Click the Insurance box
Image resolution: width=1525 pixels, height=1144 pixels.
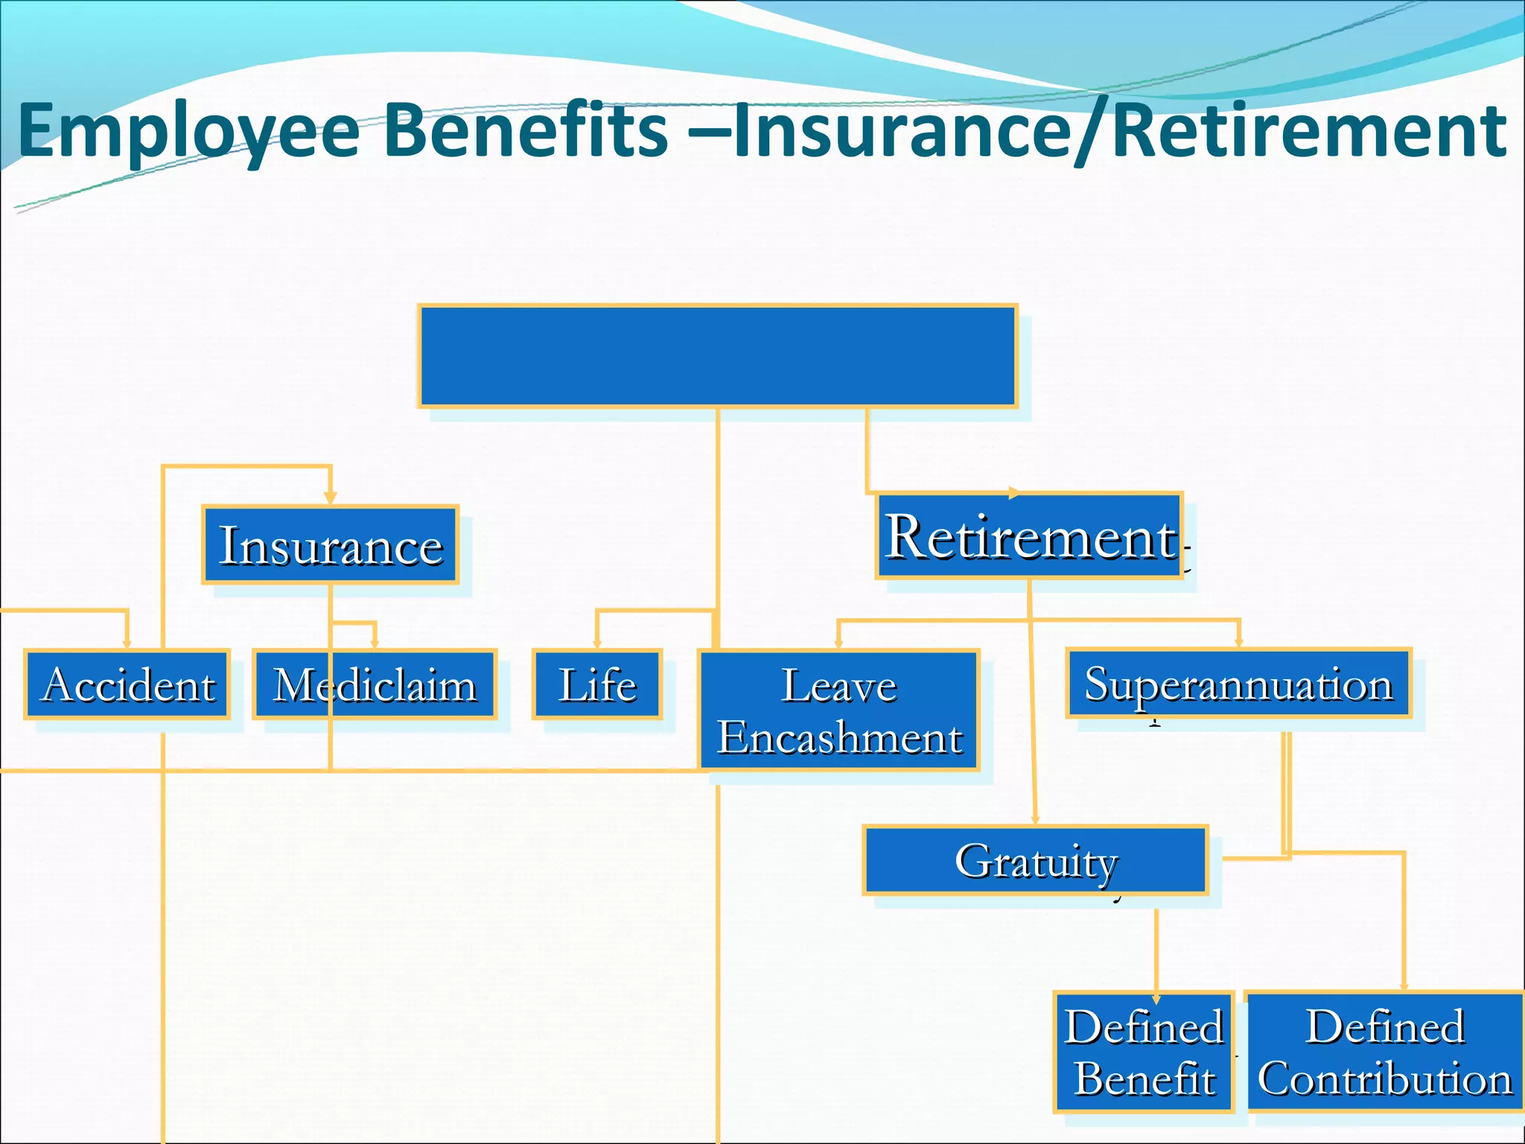pos(330,544)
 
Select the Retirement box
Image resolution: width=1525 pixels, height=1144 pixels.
pos(1029,536)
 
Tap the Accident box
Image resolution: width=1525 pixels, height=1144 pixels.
pos(127,684)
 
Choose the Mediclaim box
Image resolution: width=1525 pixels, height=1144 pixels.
pos(375,684)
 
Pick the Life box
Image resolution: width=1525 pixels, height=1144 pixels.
pos(597,684)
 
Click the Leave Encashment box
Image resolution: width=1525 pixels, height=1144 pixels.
pos(839,710)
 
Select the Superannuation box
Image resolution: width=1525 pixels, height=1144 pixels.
pos(1238,683)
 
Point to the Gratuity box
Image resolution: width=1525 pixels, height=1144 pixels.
pos(1035,860)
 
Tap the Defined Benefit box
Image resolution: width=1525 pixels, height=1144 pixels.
pos(1144,1052)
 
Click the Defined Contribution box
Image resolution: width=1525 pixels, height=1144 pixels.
pos(1385,1052)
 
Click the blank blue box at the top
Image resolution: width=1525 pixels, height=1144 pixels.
pos(718,356)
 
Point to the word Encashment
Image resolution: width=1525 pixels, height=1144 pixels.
pos(839,737)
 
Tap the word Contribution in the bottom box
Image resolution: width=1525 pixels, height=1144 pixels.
pos(1385,1079)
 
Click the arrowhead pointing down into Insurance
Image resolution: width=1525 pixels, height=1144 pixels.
pos(331,498)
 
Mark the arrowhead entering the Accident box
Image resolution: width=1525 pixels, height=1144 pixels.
pos(127,643)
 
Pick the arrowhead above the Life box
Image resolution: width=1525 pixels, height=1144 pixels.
pos(597,643)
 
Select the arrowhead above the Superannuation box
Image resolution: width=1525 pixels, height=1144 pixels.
pos(1239,642)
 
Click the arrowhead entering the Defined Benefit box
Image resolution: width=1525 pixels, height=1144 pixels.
pos(1156,999)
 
